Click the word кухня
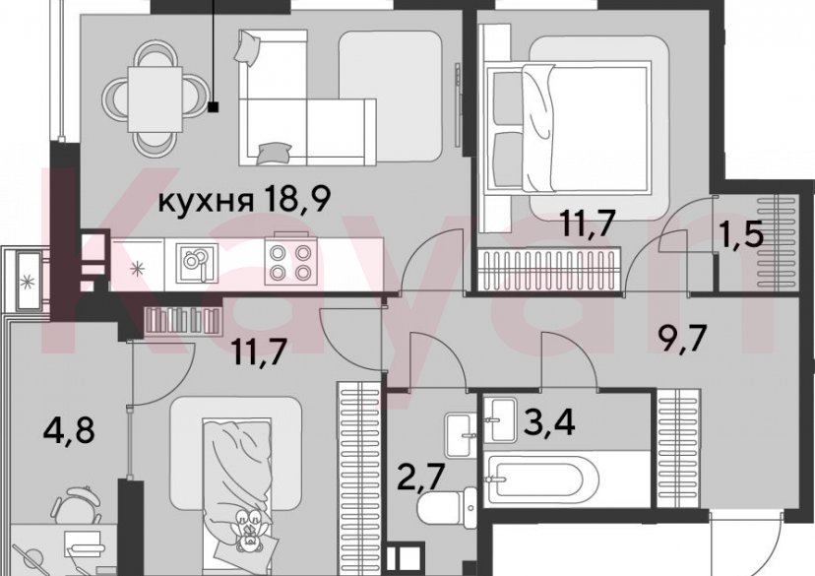pos(206,201)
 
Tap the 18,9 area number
pos(297,199)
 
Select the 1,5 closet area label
pos(741,234)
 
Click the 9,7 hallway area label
pos(683,340)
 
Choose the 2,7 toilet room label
pos(422,479)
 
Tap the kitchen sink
pos(196,263)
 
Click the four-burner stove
pos(288,262)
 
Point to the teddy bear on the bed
pos(248,531)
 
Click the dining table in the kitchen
pos(155,98)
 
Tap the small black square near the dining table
pos(214,107)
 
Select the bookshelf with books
pos(183,320)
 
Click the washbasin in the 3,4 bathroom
pos(500,420)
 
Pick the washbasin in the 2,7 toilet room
pos(461,435)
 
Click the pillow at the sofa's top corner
pos(248,45)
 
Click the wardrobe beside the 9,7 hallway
pos(678,448)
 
